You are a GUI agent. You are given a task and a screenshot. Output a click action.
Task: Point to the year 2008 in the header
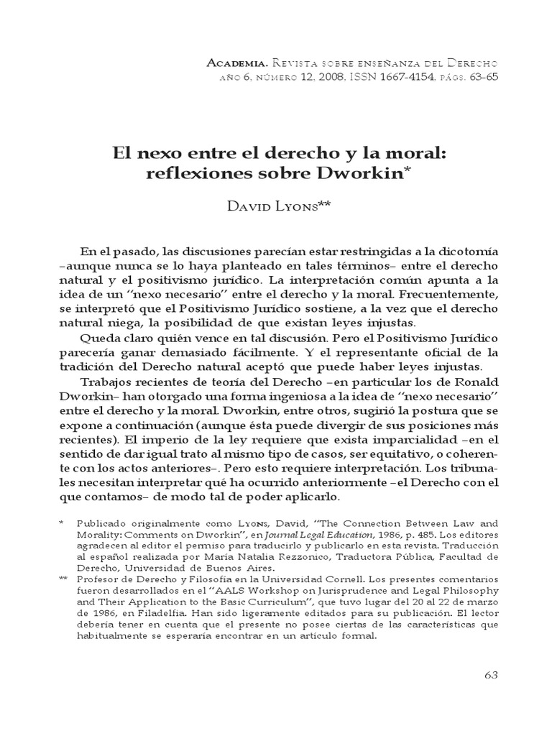tap(336, 77)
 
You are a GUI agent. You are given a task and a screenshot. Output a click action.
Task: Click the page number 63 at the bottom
tap(492, 676)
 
